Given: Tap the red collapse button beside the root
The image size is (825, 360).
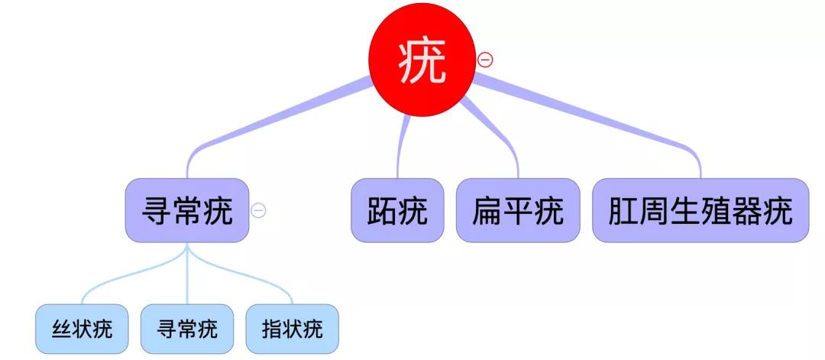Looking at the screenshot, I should (x=485, y=60).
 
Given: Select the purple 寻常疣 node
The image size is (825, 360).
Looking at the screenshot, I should (x=187, y=210).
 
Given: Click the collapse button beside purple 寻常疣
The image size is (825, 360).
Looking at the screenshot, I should (x=259, y=210).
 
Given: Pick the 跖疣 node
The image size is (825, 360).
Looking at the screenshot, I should (x=397, y=210).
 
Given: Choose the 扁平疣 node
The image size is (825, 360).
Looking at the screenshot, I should (x=517, y=210).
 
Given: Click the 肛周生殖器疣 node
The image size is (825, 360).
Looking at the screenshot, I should (x=700, y=210).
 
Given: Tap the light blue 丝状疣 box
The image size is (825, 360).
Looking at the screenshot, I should (x=82, y=329).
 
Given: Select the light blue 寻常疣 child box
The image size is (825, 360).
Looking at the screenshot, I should (x=187, y=329).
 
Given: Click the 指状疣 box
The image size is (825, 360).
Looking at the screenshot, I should (x=293, y=329).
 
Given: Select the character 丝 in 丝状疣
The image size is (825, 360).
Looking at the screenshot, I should (x=61, y=329).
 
